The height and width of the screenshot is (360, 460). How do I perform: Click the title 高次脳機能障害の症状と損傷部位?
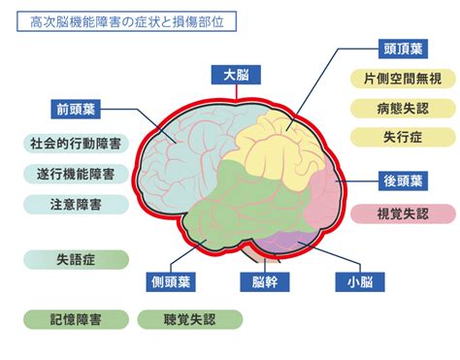(126, 21)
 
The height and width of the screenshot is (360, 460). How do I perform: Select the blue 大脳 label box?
(236, 75)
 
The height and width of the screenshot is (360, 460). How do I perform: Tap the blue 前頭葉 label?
(76, 110)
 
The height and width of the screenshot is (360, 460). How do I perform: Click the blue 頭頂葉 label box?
(403, 49)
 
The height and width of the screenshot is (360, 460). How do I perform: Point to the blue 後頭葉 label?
(403, 180)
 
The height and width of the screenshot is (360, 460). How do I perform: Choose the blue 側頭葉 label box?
(171, 282)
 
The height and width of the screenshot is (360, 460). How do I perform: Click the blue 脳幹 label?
(265, 282)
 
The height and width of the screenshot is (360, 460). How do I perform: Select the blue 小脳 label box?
(360, 282)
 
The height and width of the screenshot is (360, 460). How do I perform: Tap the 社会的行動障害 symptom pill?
(76, 144)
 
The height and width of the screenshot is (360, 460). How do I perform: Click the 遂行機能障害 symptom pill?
(76, 174)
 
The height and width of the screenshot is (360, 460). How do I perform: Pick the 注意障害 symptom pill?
(76, 205)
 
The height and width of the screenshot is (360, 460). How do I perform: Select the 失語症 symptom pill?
(76, 259)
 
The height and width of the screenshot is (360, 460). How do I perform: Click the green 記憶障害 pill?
(76, 319)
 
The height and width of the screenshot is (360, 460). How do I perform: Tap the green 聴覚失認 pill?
(190, 319)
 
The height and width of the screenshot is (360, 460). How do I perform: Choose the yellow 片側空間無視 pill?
(403, 79)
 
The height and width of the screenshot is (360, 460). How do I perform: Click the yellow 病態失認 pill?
(403, 109)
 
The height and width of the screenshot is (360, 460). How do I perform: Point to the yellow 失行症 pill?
(403, 137)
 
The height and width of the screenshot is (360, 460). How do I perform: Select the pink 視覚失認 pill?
(403, 213)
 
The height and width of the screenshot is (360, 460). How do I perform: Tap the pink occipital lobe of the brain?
(323, 197)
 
